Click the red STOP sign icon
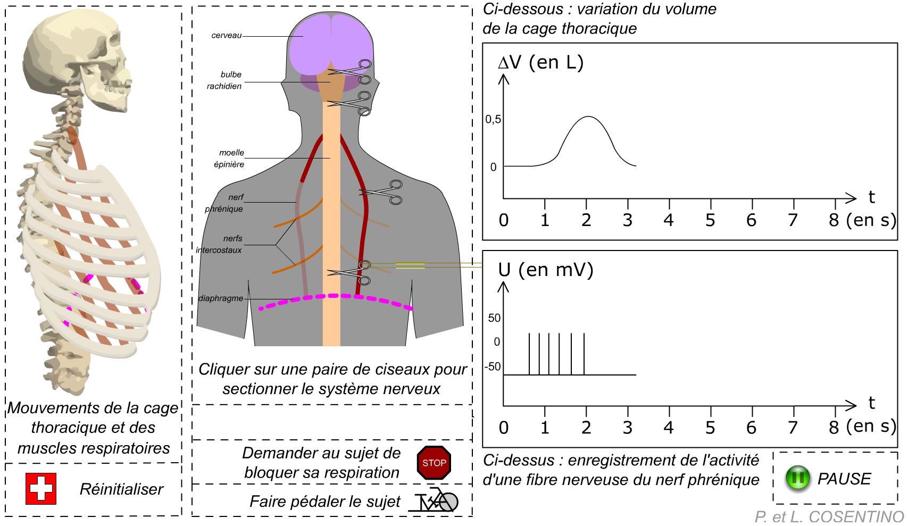434,463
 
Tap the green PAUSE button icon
798,478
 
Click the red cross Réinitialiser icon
41,488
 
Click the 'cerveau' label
227,36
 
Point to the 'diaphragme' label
221,298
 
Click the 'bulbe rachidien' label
224,80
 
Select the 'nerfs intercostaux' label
219,244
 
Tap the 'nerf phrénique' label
224,203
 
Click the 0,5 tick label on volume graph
493,120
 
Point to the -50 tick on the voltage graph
493,366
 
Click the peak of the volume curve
588,116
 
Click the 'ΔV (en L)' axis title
540,62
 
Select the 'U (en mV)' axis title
545,270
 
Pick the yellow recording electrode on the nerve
410,265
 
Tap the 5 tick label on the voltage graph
710,427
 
